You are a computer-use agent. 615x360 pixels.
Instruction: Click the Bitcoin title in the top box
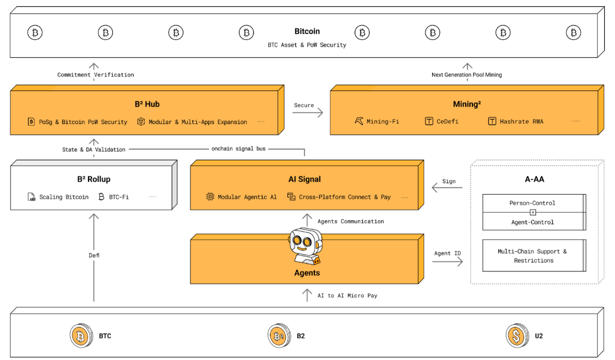(x=307, y=31)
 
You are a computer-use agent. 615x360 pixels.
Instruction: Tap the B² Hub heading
(x=147, y=104)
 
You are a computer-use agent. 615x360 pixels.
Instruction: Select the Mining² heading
(x=467, y=104)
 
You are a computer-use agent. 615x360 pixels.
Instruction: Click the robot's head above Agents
(x=306, y=241)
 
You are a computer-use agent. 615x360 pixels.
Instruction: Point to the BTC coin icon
(x=81, y=336)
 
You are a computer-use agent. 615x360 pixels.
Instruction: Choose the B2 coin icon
(x=279, y=336)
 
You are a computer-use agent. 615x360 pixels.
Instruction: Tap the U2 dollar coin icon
(x=517, y=336)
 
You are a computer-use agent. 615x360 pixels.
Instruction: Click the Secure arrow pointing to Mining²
(x=307, y=113)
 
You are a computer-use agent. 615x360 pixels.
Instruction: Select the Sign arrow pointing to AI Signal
(x=447, y=187)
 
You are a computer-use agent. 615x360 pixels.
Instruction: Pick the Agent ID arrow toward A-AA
(x=448, y=261)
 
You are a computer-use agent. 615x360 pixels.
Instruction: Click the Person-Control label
(x=533, y=203)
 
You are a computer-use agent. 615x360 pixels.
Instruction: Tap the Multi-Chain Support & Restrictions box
(x=534, y=256)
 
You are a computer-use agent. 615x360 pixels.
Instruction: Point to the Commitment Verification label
(x=96, y=75)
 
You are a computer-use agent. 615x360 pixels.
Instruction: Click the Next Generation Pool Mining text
(x=467, y=75)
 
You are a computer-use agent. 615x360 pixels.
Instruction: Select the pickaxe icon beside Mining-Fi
(x=359, y=121)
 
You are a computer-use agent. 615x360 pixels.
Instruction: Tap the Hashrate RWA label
(x=522, y=122)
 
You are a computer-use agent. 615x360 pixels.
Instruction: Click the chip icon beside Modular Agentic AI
(x=210, y=196)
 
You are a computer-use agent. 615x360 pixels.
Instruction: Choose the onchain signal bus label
(x=238, y=149)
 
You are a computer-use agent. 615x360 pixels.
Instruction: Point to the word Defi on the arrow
(x=94, y=255)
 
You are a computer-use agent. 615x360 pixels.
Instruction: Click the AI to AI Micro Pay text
(x=347, y=296)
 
